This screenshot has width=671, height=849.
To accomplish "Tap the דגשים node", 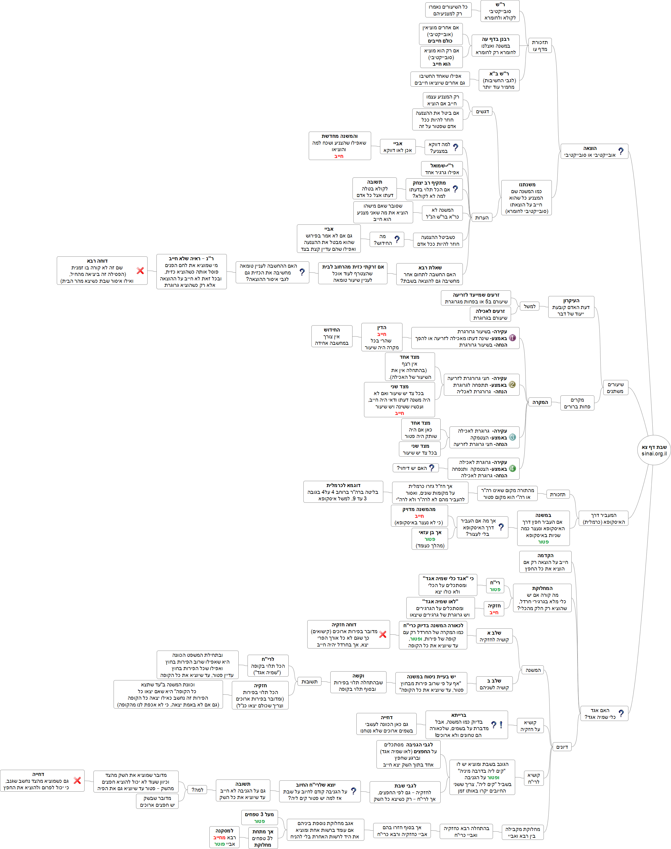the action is point(482,111).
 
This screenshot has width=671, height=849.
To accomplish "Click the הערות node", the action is point(482,218).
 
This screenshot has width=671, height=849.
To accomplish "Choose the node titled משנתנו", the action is point(526,198).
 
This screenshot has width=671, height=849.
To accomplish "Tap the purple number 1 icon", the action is point(512,338).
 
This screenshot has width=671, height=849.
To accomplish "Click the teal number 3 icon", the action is point(512,437).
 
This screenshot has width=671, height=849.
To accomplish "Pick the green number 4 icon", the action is point(512,468).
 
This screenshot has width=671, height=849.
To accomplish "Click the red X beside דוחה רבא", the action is point(140,271).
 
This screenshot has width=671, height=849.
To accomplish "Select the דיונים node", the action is point(562,747).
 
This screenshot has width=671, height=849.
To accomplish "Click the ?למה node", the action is point(197,790).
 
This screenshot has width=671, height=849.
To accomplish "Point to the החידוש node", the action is point(332,336).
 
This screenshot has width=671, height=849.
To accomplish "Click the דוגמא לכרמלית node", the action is point(343,491).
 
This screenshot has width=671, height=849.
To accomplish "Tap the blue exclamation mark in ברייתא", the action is point(501,725).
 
